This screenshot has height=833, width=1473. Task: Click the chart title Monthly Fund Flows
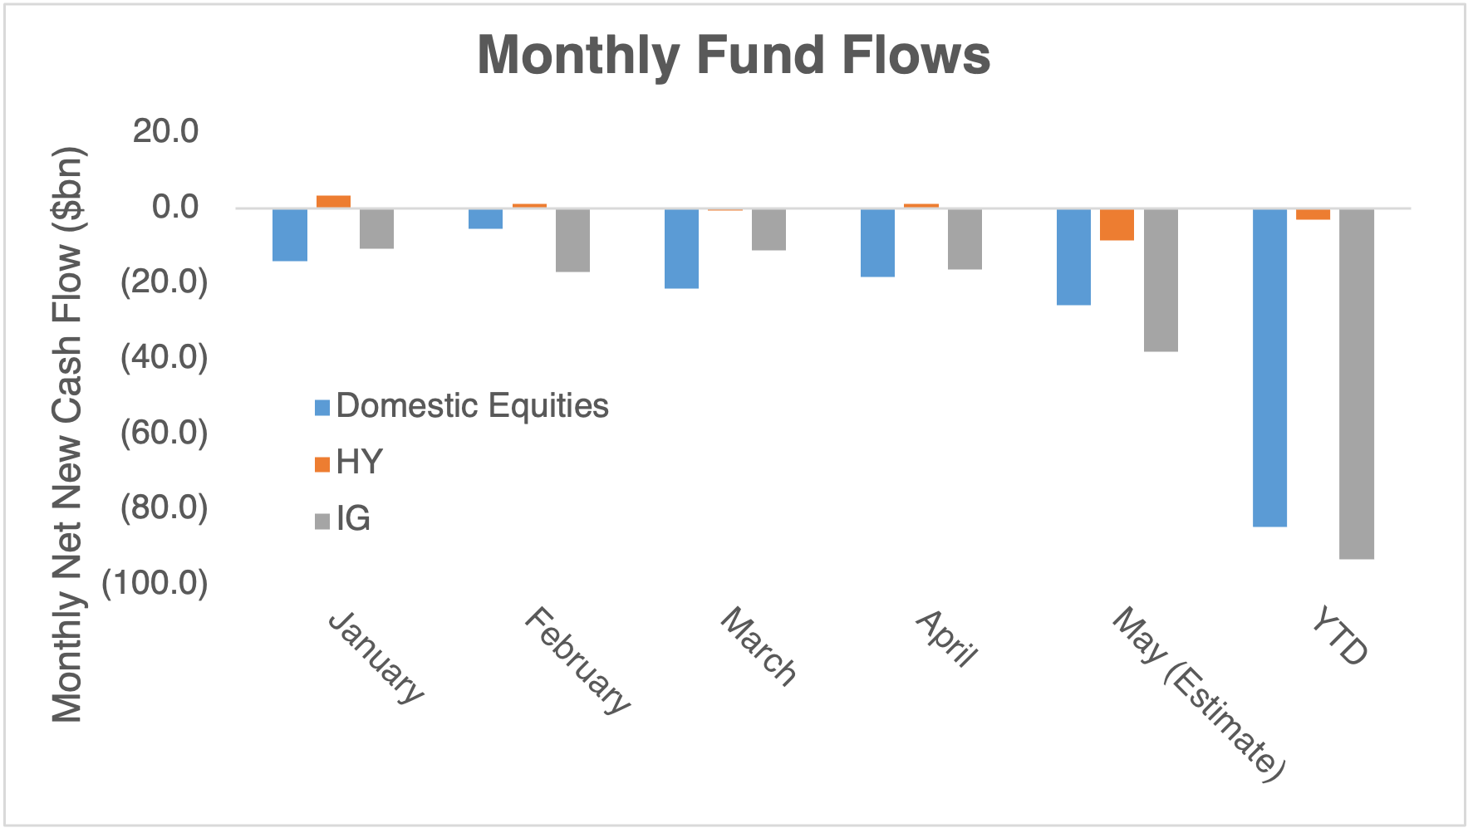734,55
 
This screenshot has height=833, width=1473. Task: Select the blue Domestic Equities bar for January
290,235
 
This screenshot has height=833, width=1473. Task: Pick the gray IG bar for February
572,240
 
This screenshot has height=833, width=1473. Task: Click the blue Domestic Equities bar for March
681,248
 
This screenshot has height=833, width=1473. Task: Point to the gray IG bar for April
965,239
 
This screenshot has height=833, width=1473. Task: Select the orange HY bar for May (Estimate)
1117,224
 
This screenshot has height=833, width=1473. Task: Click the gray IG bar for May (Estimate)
1161,280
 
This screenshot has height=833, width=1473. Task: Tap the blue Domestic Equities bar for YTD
1269,368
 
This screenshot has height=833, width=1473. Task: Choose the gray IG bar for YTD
1357,384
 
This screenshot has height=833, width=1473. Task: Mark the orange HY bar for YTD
1313,214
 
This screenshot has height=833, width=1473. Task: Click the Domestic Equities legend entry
462,406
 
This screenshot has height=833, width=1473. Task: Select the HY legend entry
349,463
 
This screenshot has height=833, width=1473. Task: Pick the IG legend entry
342,519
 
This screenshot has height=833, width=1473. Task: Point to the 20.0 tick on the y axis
166,131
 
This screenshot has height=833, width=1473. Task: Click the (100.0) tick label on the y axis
155,583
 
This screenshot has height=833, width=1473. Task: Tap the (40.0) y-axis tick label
164,357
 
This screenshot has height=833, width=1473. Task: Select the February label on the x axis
577,661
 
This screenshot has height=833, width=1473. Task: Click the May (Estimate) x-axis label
1199,694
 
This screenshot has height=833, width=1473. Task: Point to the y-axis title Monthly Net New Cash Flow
69,434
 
